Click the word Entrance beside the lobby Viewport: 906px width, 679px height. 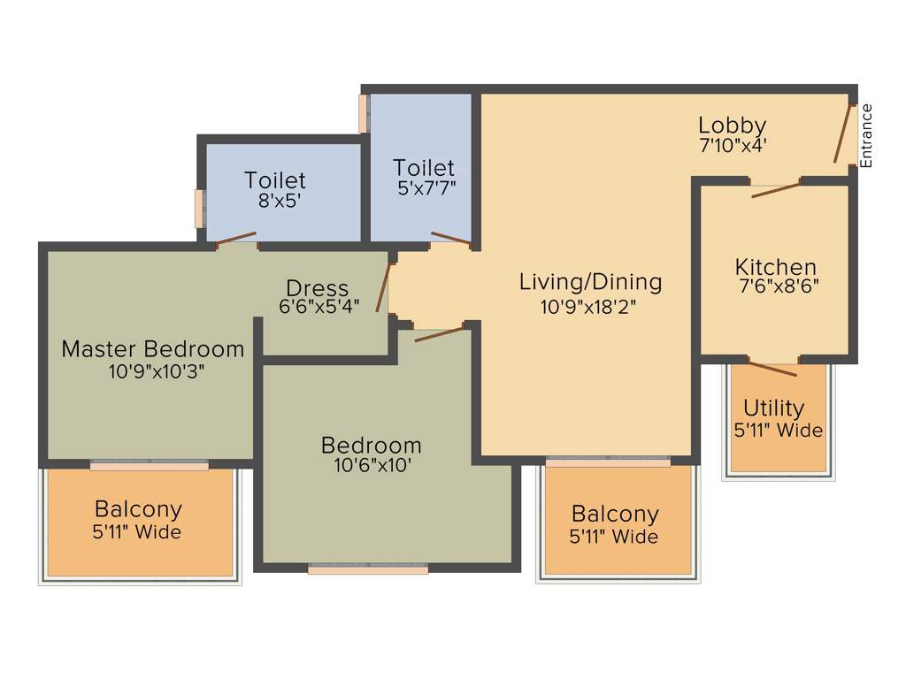coord(866,135)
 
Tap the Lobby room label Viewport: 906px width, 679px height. coord(732,126)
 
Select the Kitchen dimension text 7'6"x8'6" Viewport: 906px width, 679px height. coord(777,286)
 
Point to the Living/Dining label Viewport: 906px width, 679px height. coord(590,282)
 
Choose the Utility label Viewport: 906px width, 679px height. coord(774,408)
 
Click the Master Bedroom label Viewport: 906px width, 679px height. coord(152,348)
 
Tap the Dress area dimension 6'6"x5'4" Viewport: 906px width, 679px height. coord(319,307)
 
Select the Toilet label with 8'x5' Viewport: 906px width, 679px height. coord(275,180)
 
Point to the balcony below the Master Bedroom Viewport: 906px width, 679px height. coord(139,522)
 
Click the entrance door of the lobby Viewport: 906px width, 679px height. coord(843,134)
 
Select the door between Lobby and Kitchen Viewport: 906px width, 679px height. coord(775,188)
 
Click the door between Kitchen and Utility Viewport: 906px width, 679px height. coord(772,368)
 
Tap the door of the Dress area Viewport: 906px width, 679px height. coord(383,286)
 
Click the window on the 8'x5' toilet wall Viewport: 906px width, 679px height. coord(200,209)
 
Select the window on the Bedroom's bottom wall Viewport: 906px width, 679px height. coord(368,569)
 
